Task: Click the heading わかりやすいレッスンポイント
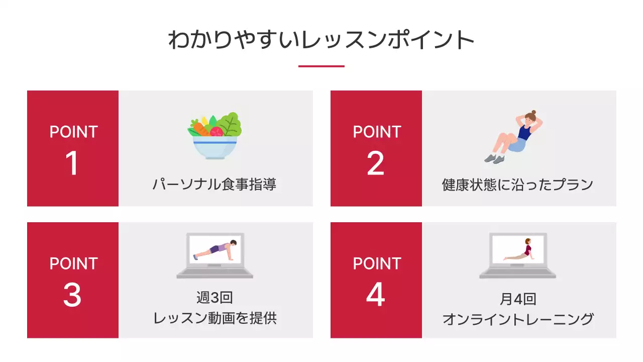coord(321,40)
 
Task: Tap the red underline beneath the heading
coord(321,66)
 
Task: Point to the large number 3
coord(72,295)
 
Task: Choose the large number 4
coord(376,295)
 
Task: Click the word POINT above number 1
coord(73,132)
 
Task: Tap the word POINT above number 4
coord(377,264)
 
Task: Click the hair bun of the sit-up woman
coord(533,113)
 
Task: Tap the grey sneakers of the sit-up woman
coord(494,159)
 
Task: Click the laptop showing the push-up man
coord(215,255)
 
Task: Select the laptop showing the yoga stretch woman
coord(517,255)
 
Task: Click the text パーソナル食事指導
coord(215,185)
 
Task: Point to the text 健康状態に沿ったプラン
coord(518,185)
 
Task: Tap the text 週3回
coord(215,298)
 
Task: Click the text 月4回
coord(518,299)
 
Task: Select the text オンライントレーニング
coord(518,319)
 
